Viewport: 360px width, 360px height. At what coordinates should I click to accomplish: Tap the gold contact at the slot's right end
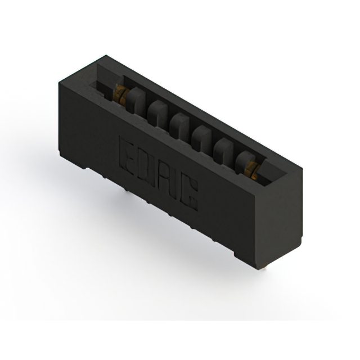[251, 166]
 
